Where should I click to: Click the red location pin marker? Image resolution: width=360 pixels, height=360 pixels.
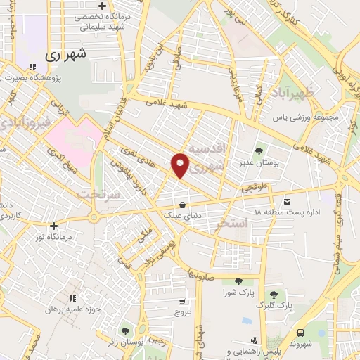(181, 166)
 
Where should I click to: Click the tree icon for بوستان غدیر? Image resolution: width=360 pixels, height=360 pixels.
(259, 150)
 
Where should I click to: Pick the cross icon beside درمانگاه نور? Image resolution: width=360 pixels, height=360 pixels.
(53, 226)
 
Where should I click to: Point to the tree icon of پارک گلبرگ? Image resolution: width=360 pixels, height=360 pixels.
(273, 294)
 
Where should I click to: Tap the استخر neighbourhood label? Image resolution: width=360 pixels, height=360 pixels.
(233, 224)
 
